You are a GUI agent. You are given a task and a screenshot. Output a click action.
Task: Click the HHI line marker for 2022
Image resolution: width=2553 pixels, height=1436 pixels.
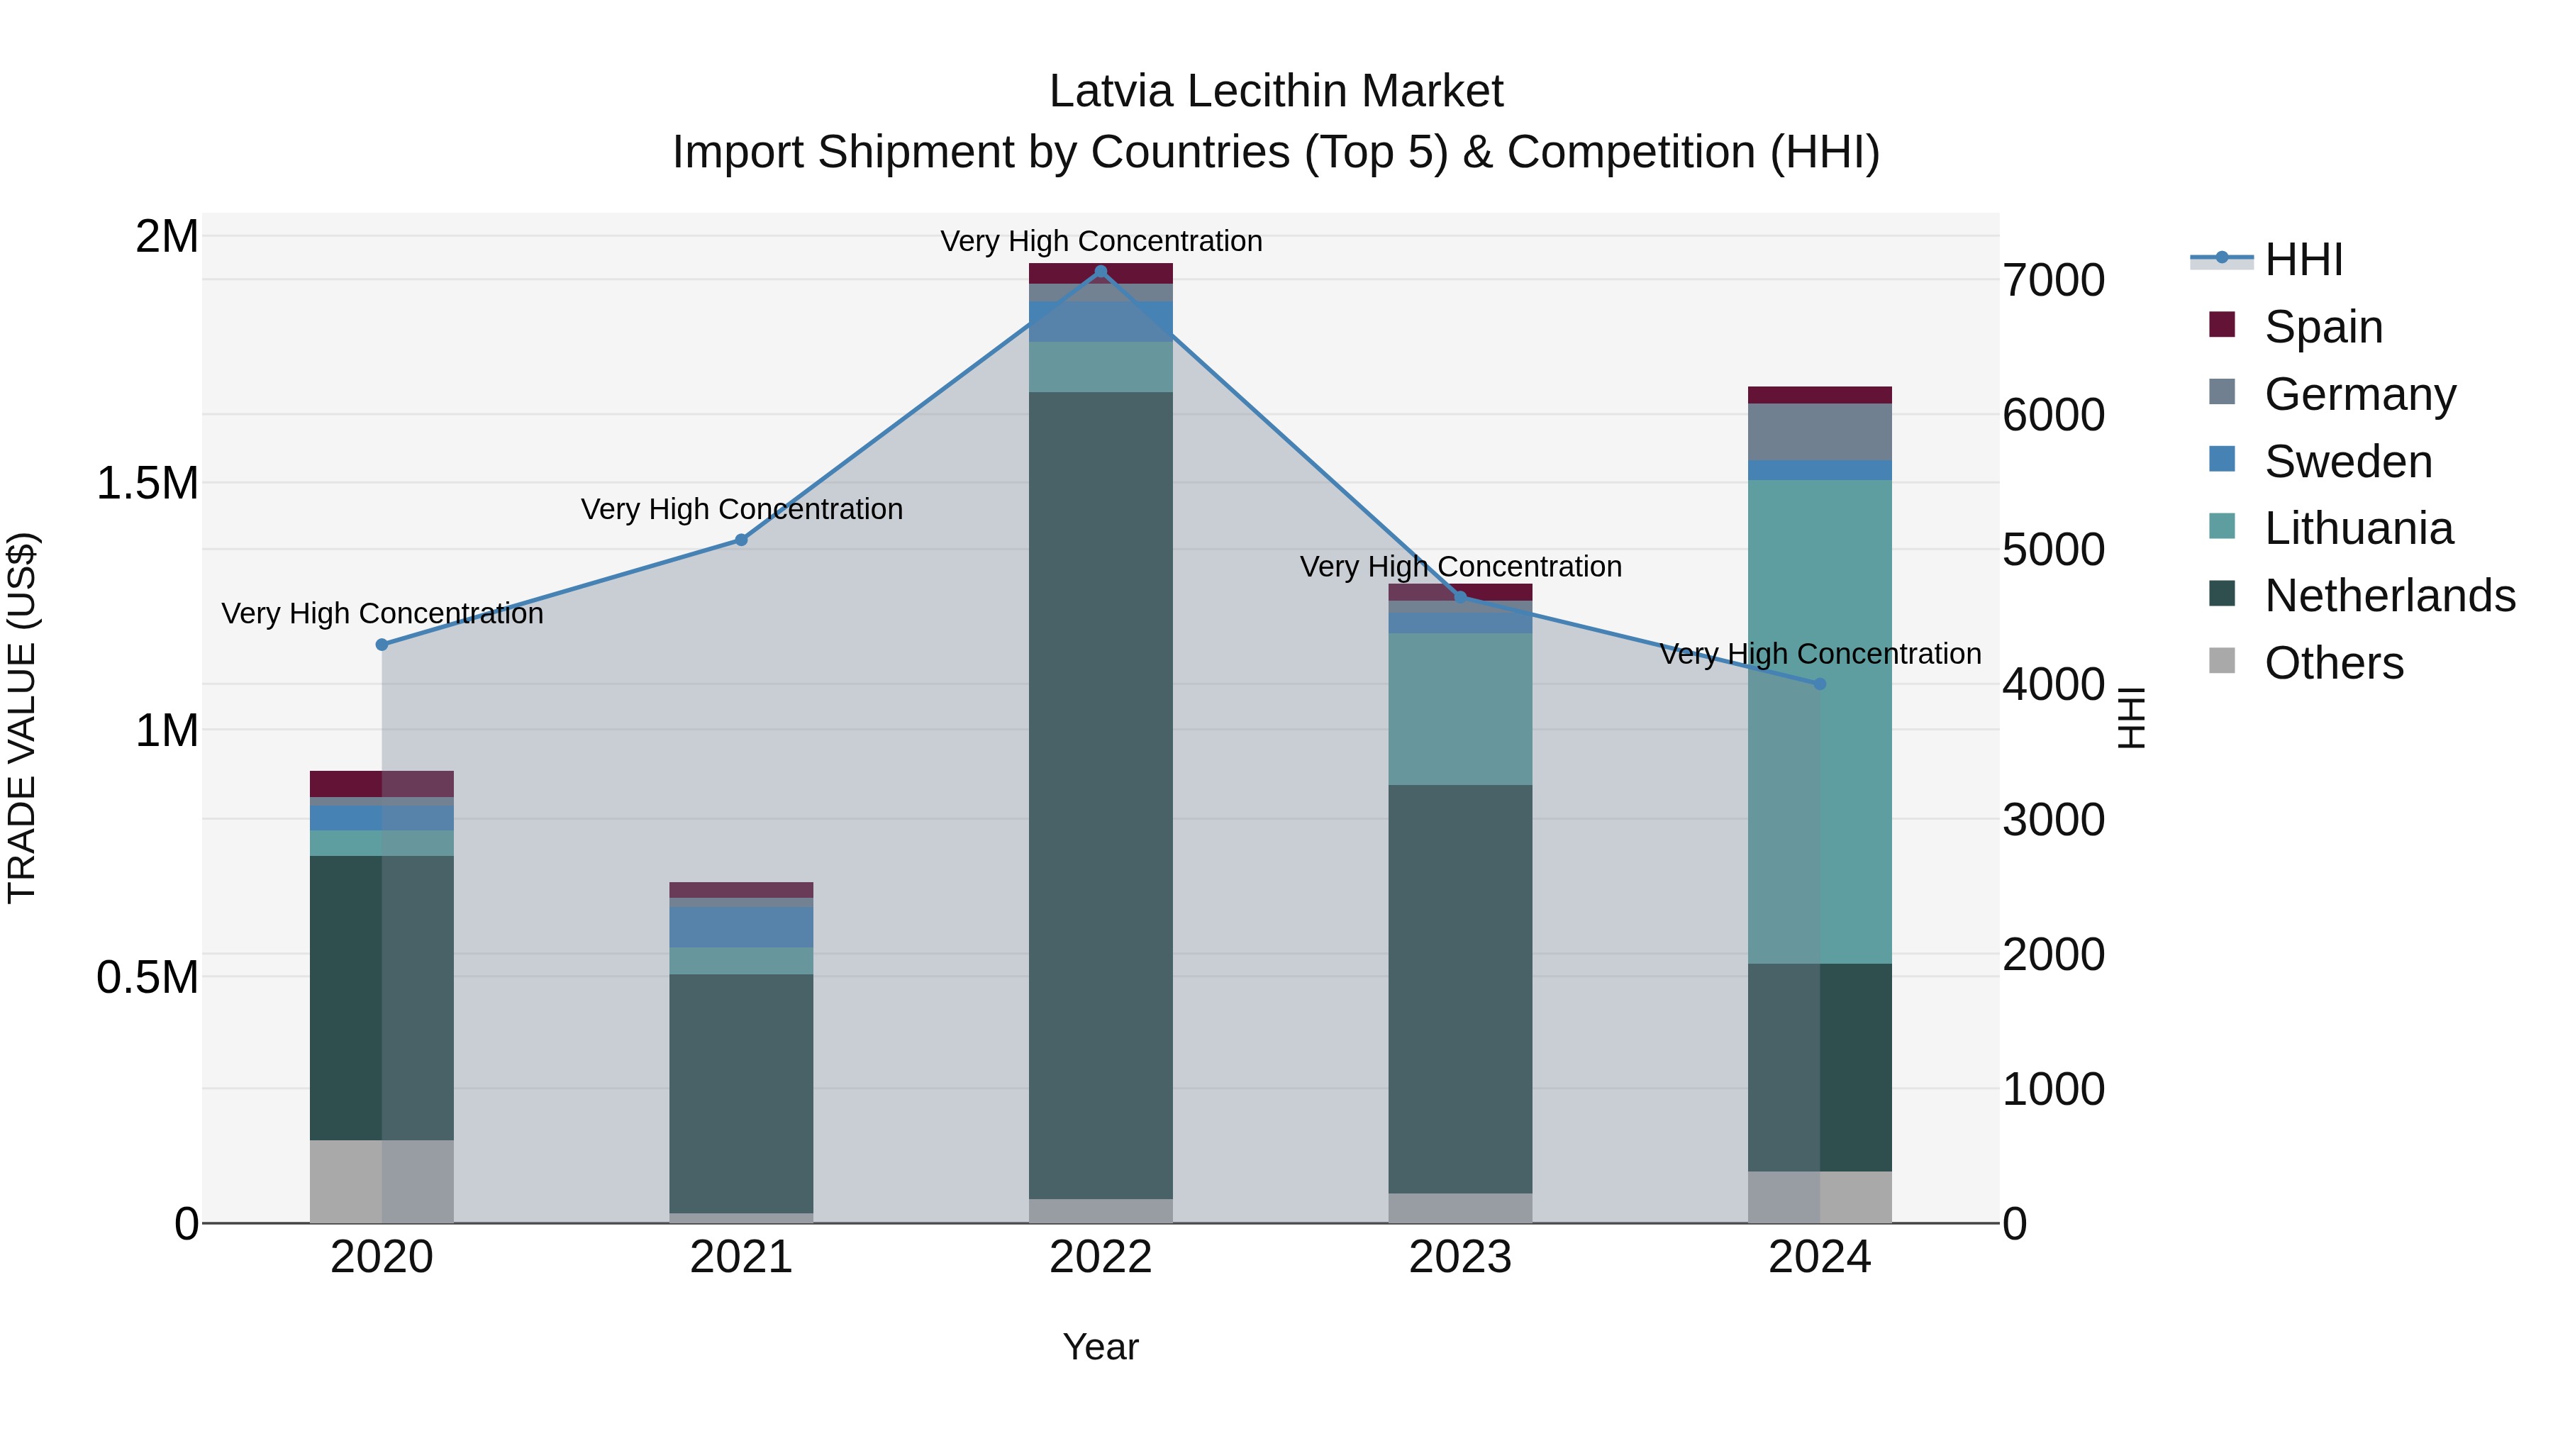(x=1100, y=272)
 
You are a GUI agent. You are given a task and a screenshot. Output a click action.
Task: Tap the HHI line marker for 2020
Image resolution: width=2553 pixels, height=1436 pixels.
(x=382, y=645)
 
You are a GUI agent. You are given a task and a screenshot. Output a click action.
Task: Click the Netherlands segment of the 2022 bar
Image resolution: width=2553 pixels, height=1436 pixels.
(x=1100, y=793)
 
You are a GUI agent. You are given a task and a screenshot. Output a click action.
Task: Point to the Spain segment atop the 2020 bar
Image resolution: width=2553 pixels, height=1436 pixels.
(x=382, y=784)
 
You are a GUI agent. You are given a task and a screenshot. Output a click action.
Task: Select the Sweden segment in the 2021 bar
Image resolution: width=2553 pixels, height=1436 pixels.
(x=741, y=927)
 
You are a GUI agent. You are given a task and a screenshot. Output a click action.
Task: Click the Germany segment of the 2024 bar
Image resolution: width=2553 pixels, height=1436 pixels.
(x=1820, y=432)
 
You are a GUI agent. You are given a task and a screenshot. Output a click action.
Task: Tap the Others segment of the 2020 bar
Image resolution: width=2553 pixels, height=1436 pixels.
(x=382, y=1181)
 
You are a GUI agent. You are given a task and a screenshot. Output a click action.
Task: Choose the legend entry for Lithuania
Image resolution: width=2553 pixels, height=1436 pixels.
(x=2359, y=528)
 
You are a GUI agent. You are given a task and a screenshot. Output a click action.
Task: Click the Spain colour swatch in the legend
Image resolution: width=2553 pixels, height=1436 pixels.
(x=2222, y=325)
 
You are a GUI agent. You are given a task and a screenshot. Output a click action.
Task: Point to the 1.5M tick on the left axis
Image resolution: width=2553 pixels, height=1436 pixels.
(x=148, y=484)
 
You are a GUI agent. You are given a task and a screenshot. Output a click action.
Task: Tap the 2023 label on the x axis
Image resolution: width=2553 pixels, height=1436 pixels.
(x=1460, y=1257)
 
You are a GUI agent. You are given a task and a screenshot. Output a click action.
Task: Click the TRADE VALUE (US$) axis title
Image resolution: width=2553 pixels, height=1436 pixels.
(x=22, y=718)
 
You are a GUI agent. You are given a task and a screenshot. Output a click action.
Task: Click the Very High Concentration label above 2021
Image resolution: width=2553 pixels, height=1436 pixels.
(x=741, y=509)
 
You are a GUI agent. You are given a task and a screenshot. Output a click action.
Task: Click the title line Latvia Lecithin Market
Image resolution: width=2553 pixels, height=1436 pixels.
(x=1276, y=91)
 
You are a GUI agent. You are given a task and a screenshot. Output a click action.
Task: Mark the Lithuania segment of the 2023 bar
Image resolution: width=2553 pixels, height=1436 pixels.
(x=1460, y=708)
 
